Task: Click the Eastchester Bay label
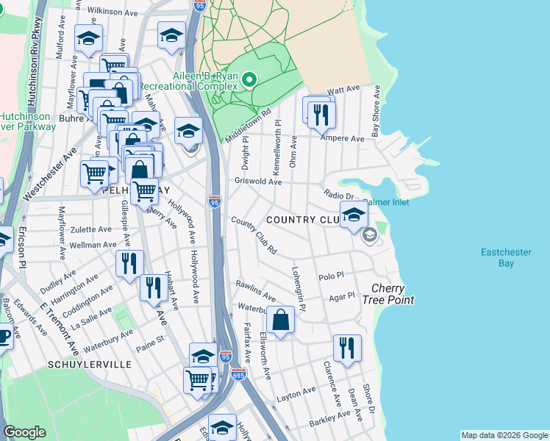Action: click(x=505, y=257)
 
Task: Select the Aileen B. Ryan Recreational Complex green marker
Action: click(x=249, y=79)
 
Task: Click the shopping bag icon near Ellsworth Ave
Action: click(x=280, y=320)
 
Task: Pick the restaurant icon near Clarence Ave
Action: click(x=347, y=348)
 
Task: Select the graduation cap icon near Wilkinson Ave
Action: click(x=171, y=36)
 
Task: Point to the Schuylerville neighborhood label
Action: click(x=89, y=365)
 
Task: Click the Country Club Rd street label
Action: click(x=254, y=236)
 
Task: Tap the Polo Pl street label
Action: click(x=332, y=276)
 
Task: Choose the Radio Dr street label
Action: click(x=339, y=195)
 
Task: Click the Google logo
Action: click(x=24, y=432)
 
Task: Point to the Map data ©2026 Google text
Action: click(x=504, y=435)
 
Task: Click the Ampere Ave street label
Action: click(x=346, y=138)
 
